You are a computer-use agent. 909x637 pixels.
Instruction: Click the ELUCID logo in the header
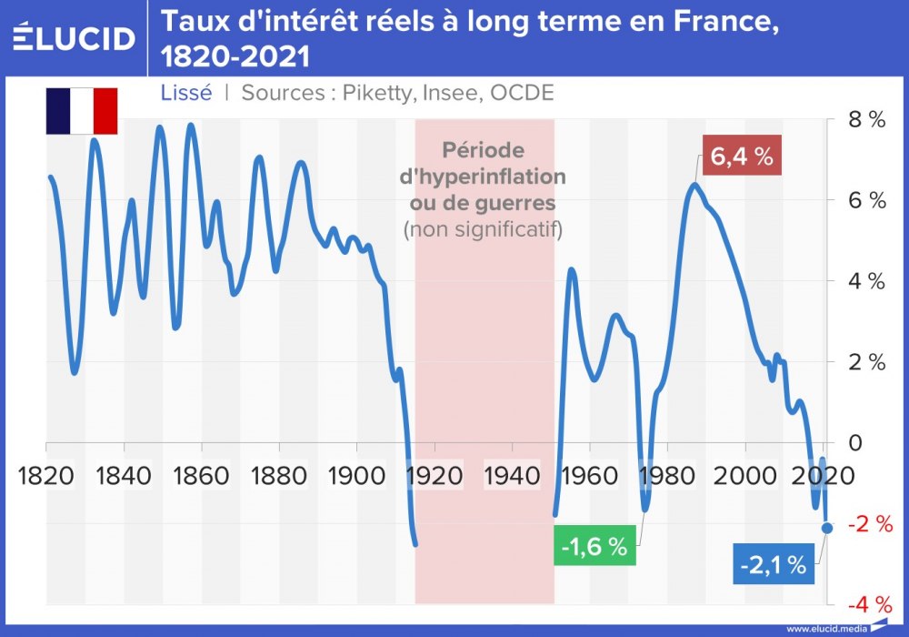[74, 37]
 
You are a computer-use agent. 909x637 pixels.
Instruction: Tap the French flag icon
[82, 110]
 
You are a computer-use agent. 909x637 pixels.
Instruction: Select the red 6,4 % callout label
[742, 157]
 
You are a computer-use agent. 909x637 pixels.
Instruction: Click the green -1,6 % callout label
[594, 548]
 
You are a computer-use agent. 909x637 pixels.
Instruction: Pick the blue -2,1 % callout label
[773, 565]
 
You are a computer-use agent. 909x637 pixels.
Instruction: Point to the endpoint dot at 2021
[826, 528]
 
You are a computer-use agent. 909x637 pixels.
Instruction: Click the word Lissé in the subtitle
[185, 93]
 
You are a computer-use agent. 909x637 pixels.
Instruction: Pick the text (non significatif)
[483, 228]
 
